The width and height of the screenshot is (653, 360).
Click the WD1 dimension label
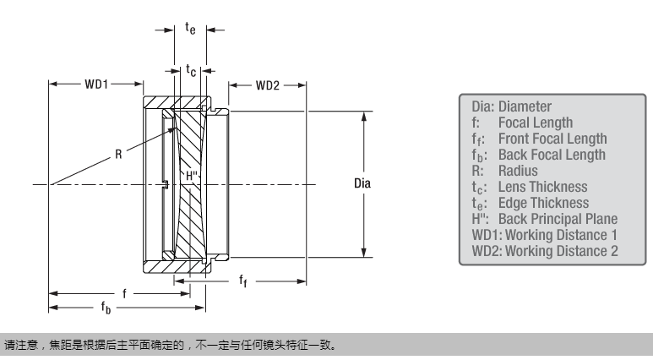coord(95,85)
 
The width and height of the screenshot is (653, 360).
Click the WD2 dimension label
coord(268,85)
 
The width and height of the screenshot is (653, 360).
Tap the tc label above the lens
coord(191,72)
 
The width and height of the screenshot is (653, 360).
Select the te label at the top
coord(191,30)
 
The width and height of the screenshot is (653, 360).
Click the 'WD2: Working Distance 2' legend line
coord(544,251)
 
